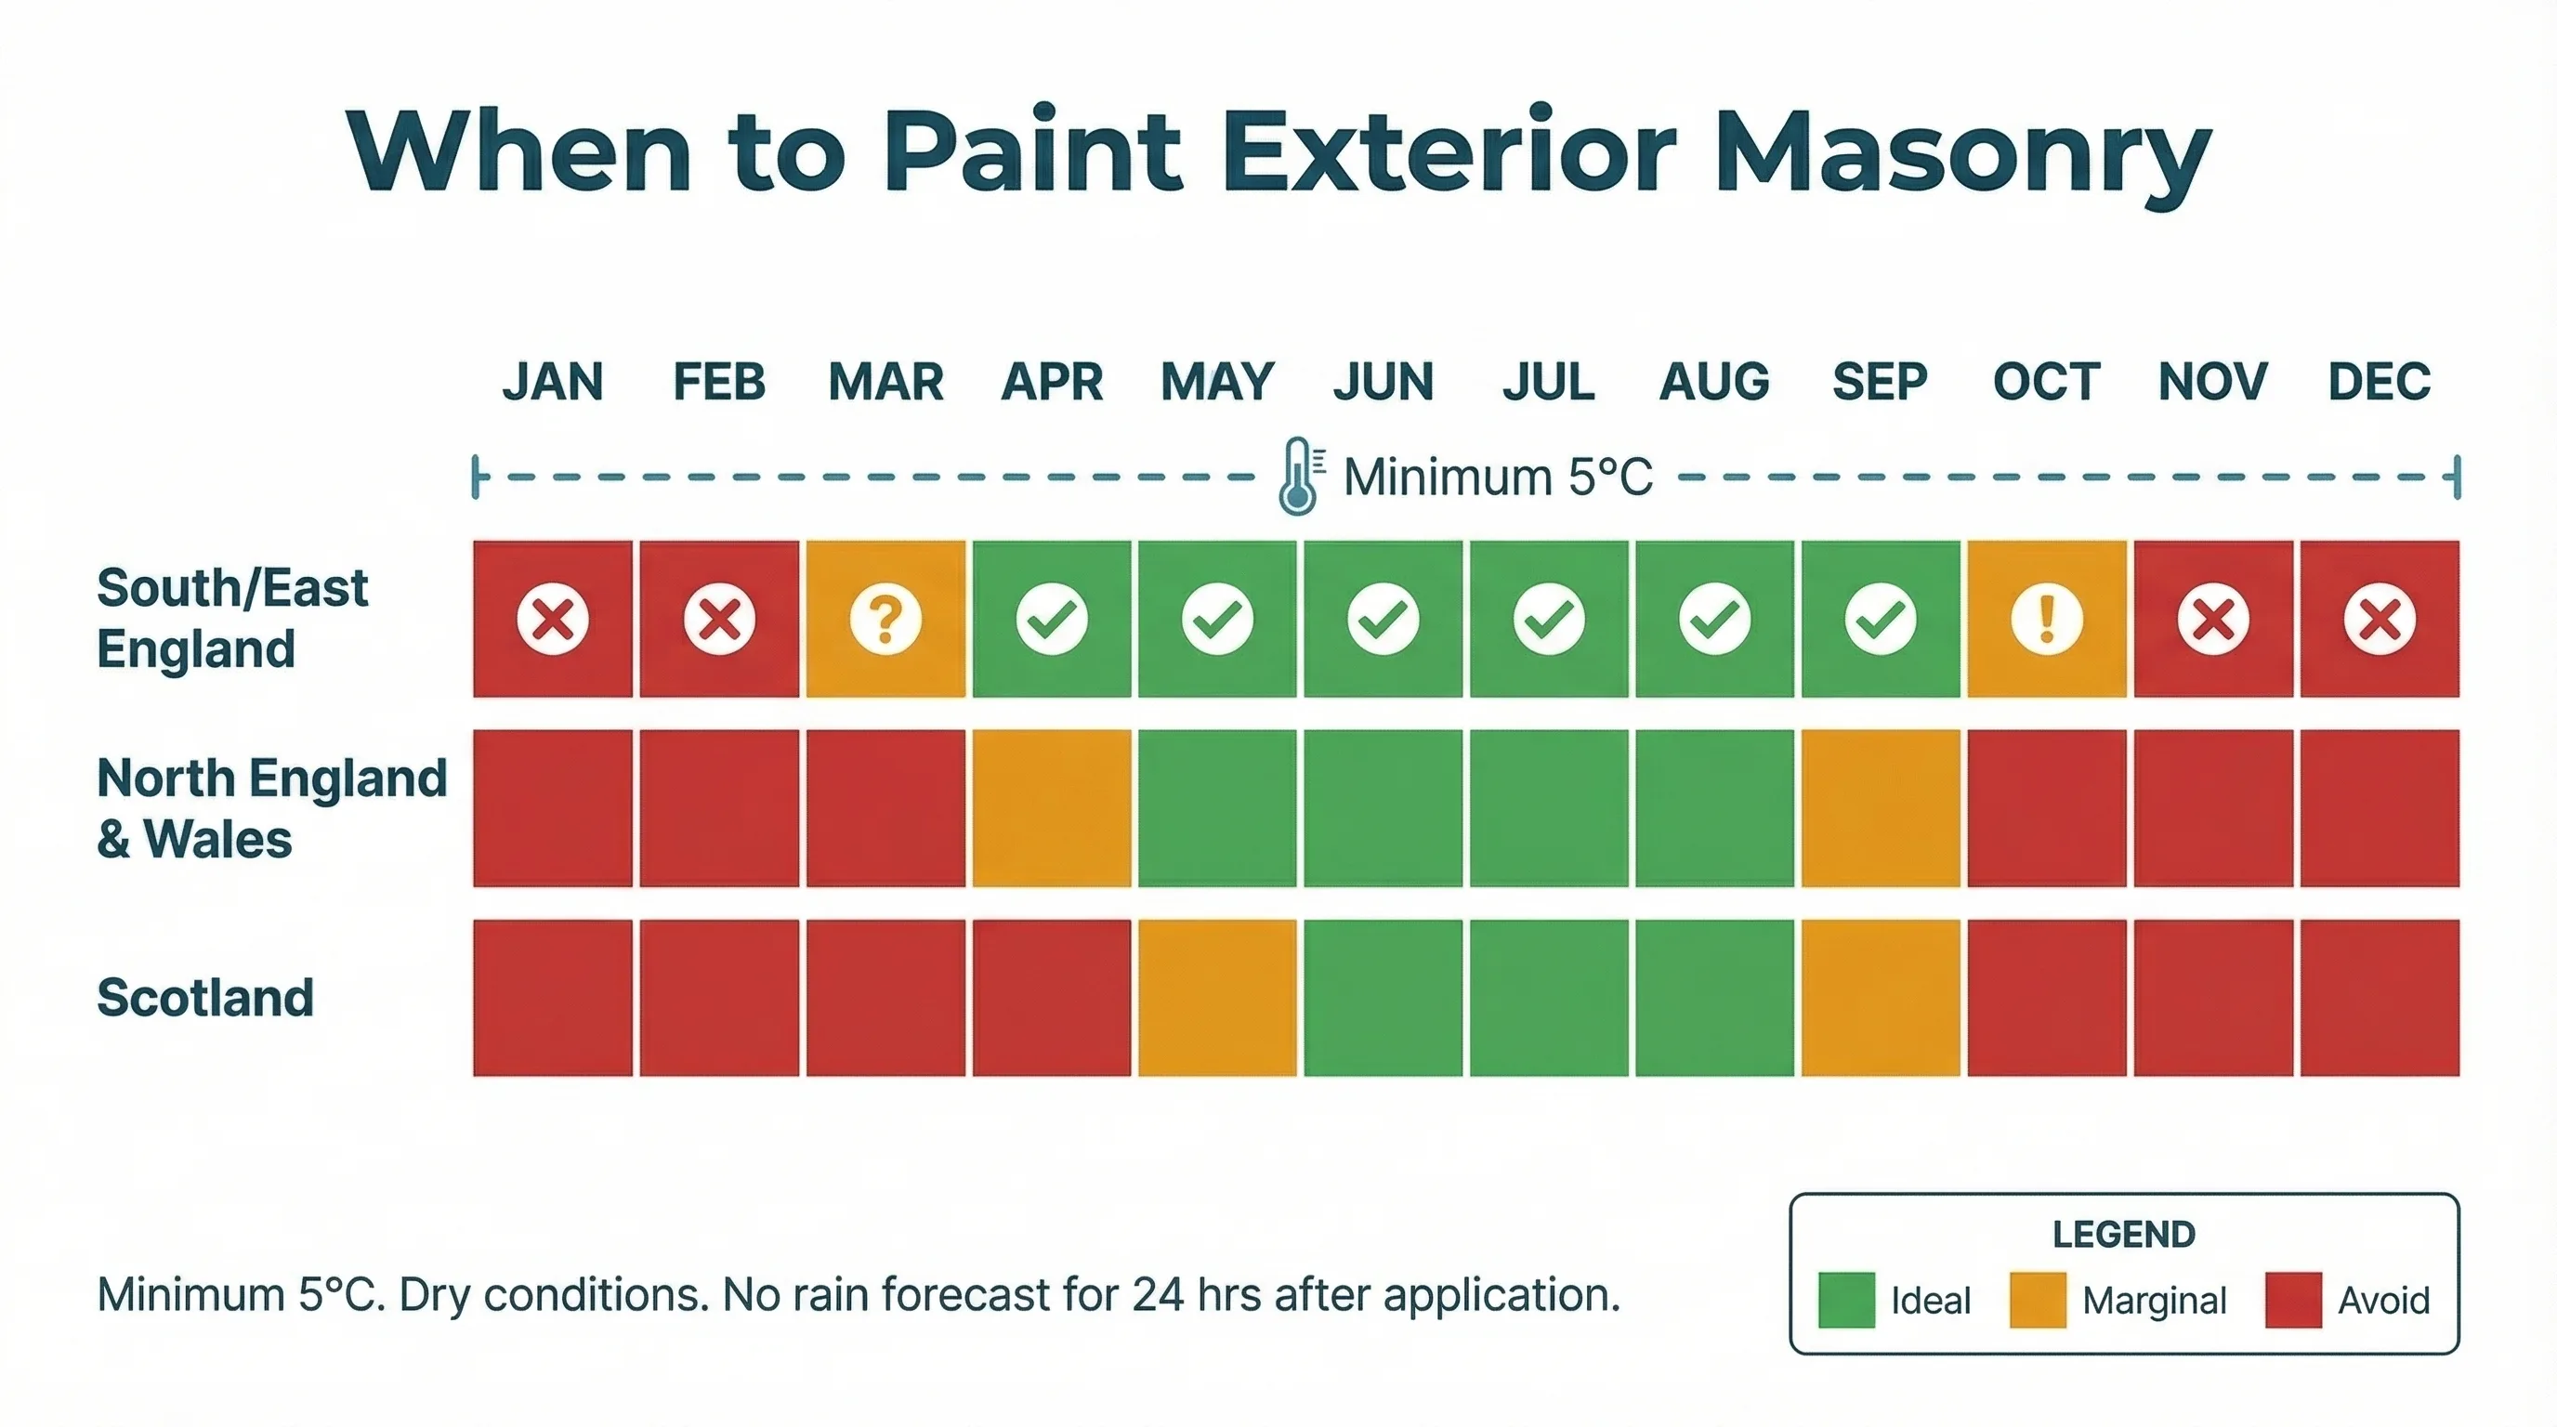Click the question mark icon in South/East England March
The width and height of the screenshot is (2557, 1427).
[885, 620]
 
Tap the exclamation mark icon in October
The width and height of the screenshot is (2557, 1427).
[2046, 620]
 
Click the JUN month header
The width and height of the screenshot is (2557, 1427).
[1383, 382]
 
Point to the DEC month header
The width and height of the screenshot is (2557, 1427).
[2380, 382]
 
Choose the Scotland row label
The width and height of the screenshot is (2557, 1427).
[205, 997]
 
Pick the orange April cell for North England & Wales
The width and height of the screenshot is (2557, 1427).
[1051, 807]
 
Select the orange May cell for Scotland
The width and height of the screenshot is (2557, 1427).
[1217, 997]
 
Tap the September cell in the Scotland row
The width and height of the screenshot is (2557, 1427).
[1880, 997]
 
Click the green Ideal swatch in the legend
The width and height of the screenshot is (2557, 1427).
[1846, 1299]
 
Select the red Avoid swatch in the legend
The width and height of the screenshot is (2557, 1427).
[2293, 1299]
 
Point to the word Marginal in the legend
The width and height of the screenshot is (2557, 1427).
[2154, 1300]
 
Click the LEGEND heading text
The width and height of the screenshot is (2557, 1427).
[2123, 1235]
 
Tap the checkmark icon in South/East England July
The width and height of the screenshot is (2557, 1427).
[1549, 620]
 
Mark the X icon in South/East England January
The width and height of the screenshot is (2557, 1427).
[553, 620]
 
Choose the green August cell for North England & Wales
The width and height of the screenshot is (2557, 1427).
[1714, 807]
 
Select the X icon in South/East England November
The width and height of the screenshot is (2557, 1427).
[2212, 620]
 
